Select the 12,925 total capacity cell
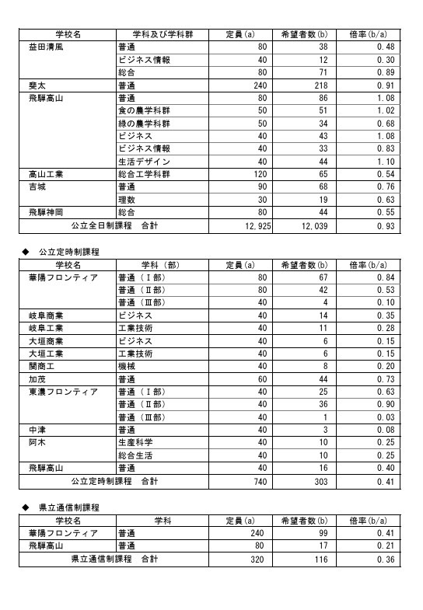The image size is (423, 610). coord(252,225)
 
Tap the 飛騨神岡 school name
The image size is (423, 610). coord(49,212)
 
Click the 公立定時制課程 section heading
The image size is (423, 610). coord(71,253)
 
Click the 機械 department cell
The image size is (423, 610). coord(126,366)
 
